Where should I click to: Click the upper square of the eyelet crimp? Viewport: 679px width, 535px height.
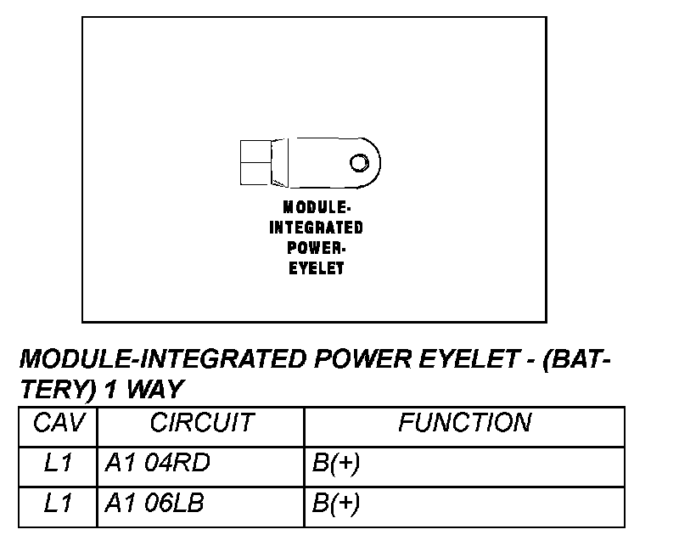253,150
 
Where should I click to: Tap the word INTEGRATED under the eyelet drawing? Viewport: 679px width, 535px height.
316,228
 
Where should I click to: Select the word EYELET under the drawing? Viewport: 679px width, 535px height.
316,268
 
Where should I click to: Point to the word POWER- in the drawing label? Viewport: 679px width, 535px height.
316,248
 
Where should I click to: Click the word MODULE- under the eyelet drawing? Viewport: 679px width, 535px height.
316,207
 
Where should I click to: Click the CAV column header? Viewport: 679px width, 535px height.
58,423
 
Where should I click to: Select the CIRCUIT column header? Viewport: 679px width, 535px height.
201,423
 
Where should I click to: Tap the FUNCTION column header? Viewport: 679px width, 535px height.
465,423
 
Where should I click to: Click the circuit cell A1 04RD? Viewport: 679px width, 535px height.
157,464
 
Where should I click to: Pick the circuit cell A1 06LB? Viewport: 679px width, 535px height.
155,504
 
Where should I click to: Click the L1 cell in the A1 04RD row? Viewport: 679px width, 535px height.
58,464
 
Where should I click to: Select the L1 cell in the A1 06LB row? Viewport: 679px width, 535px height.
58,504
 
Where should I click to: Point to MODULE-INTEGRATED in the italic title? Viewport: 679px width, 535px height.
161,359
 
